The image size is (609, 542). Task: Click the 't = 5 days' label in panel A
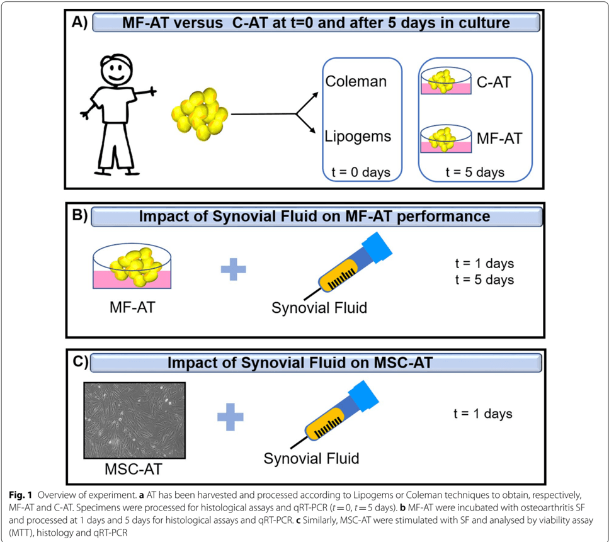pos(475,171)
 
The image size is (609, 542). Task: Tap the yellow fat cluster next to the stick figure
pos(200,115)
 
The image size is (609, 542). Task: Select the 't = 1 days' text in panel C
pos(483,414)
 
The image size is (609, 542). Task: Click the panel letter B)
pos(80,215)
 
